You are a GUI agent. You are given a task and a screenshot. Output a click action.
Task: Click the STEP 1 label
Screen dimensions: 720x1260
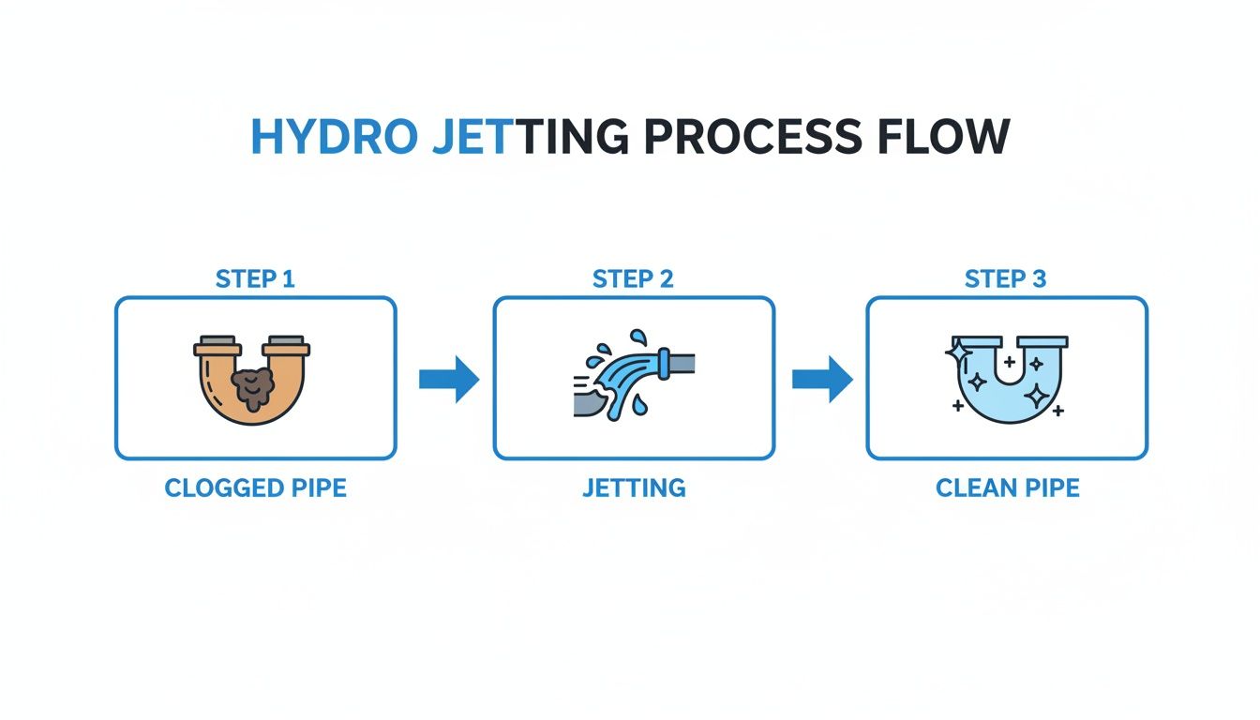(255, 278)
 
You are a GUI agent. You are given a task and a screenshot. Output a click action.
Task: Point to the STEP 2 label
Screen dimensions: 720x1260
(633, 278)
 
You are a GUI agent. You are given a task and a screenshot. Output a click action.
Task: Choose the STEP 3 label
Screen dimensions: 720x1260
(1006, 278)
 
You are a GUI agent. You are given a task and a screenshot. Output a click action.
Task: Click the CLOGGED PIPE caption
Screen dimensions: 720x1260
(255, 488)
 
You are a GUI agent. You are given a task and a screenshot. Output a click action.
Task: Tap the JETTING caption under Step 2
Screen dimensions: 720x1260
(634, 488)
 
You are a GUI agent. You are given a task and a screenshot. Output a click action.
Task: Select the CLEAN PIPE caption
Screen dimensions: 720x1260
(1007, 488)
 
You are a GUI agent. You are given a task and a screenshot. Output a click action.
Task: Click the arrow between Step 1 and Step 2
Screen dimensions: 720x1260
(448, 379)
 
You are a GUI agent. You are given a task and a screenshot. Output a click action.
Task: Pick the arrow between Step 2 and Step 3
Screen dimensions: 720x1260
(821, 379)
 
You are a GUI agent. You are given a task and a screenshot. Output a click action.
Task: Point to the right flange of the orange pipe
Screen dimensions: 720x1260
(286, 350)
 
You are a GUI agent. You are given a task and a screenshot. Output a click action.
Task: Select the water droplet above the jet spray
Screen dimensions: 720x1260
(638, 337)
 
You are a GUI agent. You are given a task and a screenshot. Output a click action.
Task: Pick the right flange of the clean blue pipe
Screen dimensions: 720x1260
(1042, 342)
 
